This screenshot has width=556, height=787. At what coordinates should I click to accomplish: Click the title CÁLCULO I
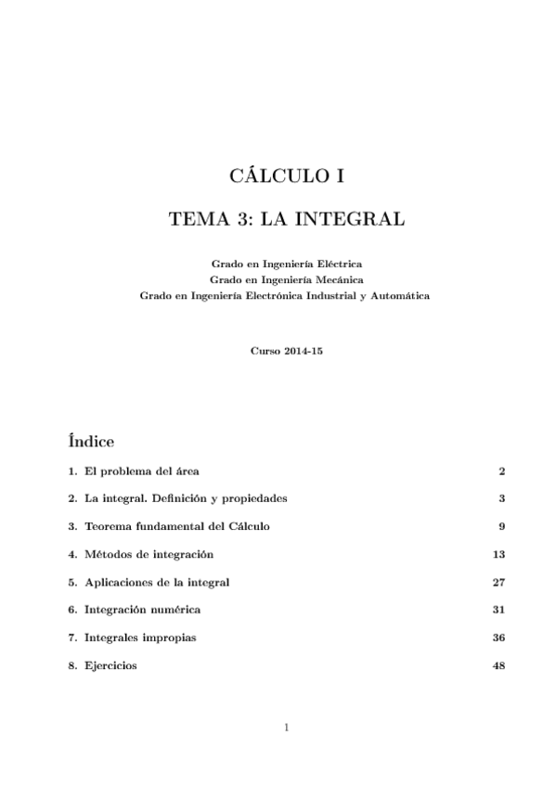click(286, 174)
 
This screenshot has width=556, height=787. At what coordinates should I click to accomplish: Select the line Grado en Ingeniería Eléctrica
click(286, 264)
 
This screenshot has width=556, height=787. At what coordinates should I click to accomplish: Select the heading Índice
click(91, 437)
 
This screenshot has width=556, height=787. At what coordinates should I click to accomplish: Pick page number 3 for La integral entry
click(501, 498)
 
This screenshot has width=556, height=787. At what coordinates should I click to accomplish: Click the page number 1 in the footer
click(287, 728)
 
